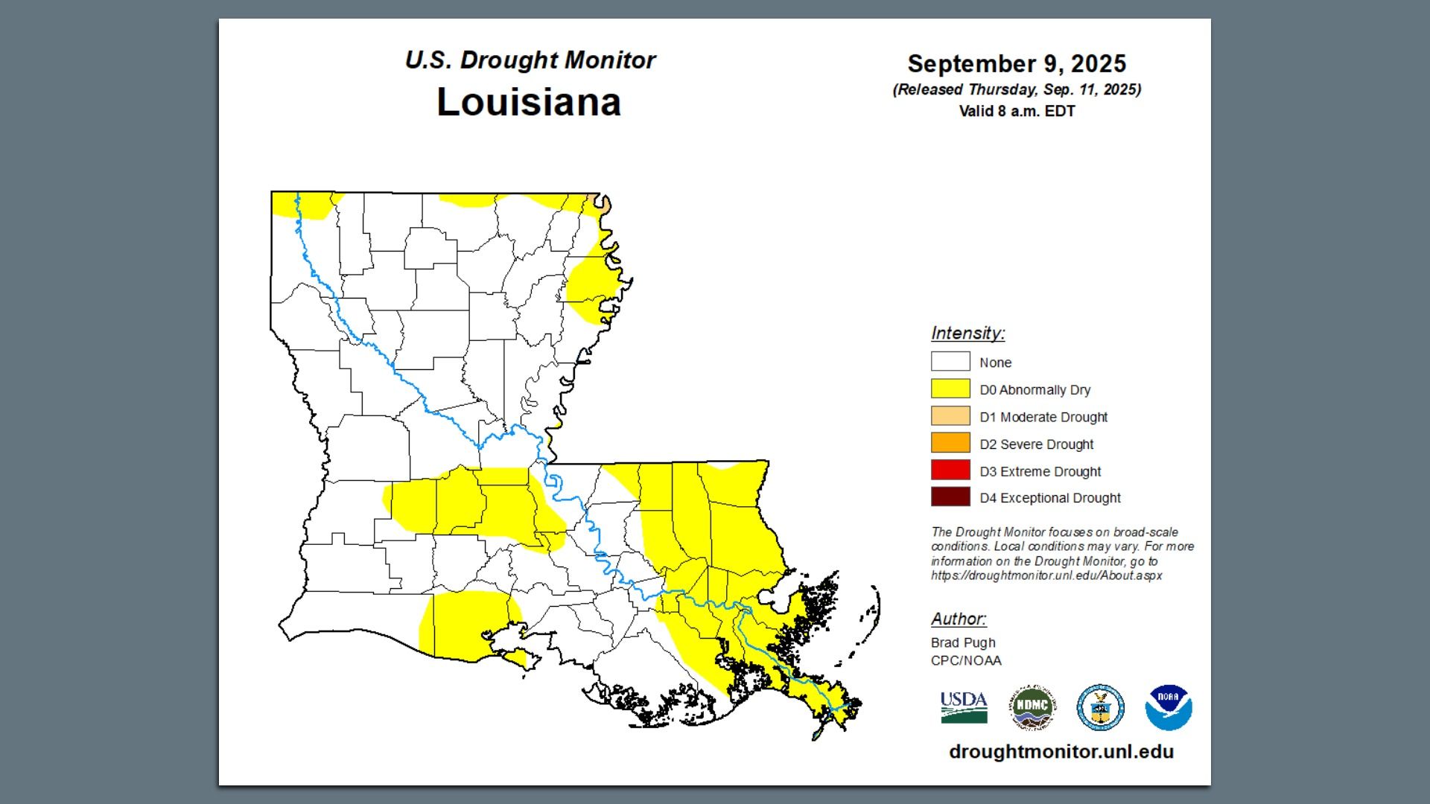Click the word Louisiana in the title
[528, 102]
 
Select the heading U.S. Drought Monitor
[530, 60]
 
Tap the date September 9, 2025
[1016, 64]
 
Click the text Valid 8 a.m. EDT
[1016, 112]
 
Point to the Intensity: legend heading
[967, 334]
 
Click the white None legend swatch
[950, 362]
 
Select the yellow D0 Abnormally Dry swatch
[950, 389]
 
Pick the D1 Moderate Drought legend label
[1043, 417]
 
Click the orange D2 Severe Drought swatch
[950, 443]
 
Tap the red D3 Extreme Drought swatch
[950, 470]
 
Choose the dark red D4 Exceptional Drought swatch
[950, 497]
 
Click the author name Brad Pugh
[962, 642]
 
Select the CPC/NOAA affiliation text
[965, 660]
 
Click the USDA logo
[963, 707]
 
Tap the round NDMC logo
[1032, 708]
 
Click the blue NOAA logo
[1168, 708]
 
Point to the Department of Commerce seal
[1100, 708]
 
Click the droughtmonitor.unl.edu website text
[1061, 752]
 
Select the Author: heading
[958, 619]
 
